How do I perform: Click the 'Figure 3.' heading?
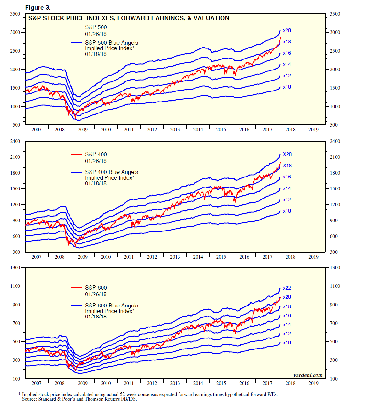click(x=38, y=7)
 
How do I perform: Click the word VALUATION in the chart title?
click(x=211, y=18)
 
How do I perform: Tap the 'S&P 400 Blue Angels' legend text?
click(x=111, y=172)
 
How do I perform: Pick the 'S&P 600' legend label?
click(x=96, y=288)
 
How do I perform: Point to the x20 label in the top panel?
click(x=287, y=30)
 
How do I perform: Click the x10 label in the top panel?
click(x=287, y=87)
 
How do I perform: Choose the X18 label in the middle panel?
click(x=287, y=166)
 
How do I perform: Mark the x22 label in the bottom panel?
click(x=287, y=288)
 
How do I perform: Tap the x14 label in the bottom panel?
click(x=287, y=325)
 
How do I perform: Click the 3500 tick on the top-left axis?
click(x=15, y=14)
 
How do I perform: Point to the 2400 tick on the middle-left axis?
click(x=15, y=141)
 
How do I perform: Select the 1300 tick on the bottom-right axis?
click(x=335, y=268)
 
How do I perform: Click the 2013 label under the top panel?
click(x=175, y=130)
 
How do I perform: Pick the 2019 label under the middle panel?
click(x=313, y=257)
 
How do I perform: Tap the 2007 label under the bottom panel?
click(x=37, y=383)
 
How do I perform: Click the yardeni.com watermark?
click(x=308, y=375)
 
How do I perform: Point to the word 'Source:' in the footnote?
click(x=29, y=399)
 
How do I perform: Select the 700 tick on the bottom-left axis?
click(x=16, y=323)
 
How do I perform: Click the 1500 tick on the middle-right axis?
click(x=335, y=189)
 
